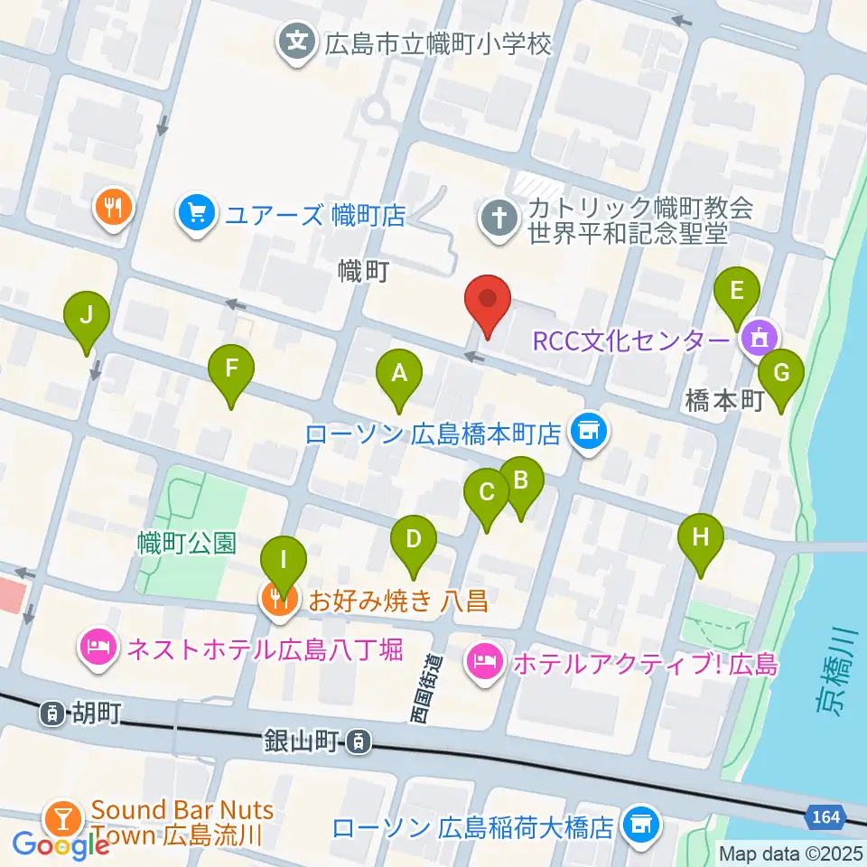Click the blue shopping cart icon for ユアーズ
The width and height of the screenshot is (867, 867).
click(x=195, y=215)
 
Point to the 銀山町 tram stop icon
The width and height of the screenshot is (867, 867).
click(x=359, y=742)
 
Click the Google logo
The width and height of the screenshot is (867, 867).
click(x=61, y=845)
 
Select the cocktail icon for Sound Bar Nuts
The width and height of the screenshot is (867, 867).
click(x=63, y=820)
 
